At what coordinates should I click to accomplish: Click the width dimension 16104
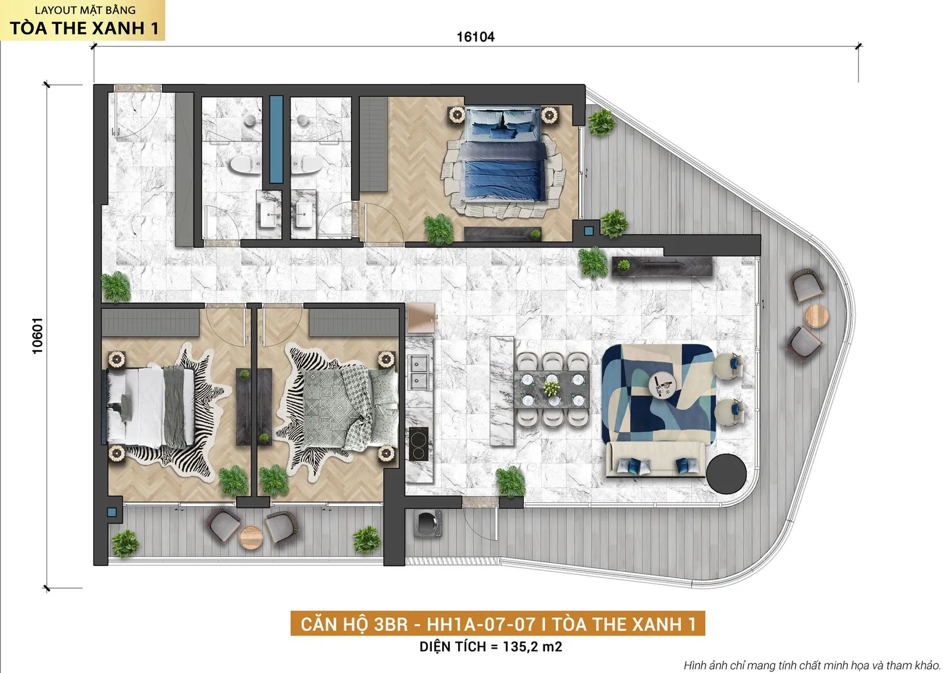[x=475, y=37]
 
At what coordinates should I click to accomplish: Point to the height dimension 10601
[x=37, y=336]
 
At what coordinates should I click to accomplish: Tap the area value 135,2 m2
[x=532, y=647]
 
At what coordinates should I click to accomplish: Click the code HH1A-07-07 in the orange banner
[x=481, y=624]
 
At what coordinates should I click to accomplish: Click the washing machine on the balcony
[x=428, y=522]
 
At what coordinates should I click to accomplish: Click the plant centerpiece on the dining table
[x=551, y=388]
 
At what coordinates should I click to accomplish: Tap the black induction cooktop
[x=419, y=444]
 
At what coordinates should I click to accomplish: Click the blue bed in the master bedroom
[x=503, y=154]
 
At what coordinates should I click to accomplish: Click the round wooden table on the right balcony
[x=816, y=316]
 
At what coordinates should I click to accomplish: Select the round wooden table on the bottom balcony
[x=251, y=538]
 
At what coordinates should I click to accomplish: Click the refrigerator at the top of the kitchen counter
[x=421, y=318]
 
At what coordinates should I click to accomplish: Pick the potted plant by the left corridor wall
[x=115, y=287]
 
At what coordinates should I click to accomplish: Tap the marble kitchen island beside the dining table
[x=502, y=391]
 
